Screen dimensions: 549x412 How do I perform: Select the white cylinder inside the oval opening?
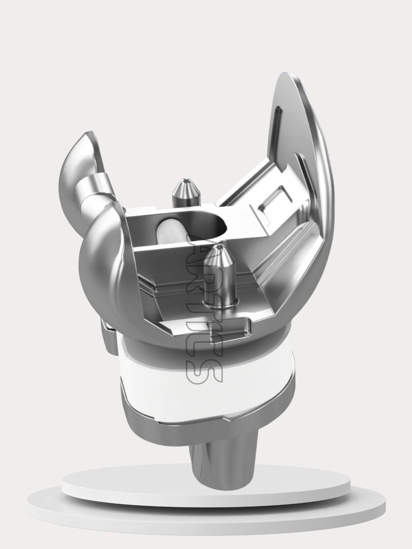(x=168, y=231)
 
